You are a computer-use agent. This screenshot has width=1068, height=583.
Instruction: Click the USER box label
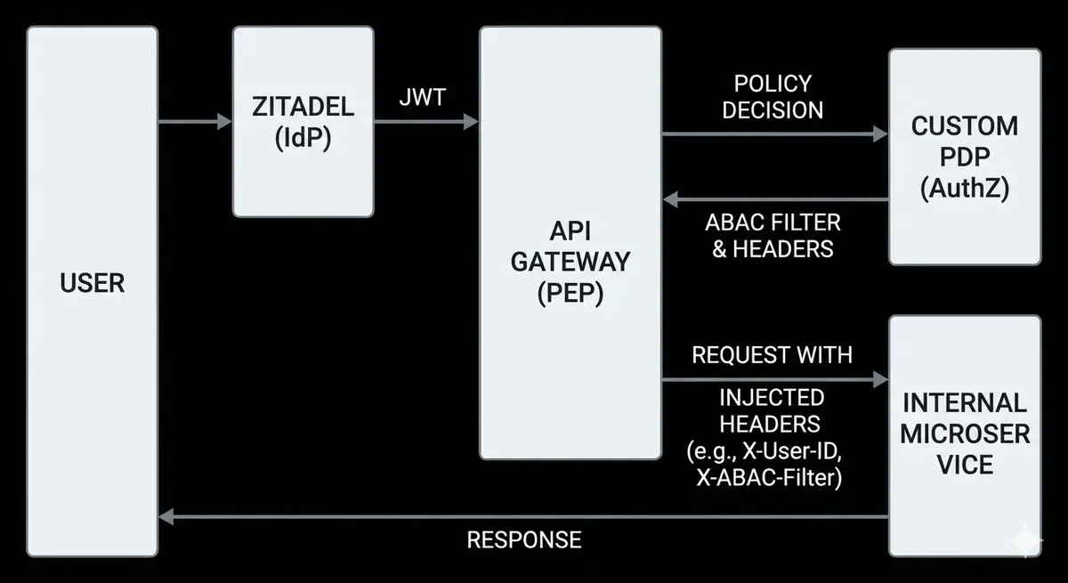pos(93,284)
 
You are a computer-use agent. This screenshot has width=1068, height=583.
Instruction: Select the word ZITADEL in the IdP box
pos(303,108)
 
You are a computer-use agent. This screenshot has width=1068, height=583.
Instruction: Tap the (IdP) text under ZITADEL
pos(303,140)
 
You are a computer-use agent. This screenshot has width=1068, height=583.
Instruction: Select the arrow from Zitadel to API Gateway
pos(426,121)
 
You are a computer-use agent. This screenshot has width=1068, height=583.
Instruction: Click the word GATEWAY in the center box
pos(570,262)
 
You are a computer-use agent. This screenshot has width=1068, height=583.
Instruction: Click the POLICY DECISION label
pos(773,97)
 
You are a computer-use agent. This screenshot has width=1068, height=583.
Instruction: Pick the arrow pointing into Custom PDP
pos(774,134)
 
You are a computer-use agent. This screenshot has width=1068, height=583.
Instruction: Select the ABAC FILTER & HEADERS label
pos(773,235)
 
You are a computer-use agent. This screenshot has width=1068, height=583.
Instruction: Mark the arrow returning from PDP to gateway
pos(774,199)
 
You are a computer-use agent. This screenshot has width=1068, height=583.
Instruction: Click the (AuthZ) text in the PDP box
pos(965,189)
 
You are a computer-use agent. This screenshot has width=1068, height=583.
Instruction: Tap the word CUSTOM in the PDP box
pos(965,126)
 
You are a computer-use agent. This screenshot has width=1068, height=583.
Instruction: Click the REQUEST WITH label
pos(773,354)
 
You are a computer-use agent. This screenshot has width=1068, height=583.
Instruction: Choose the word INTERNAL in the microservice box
pos(965,403)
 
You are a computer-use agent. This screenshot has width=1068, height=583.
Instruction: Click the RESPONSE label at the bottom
pos(524,539)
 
